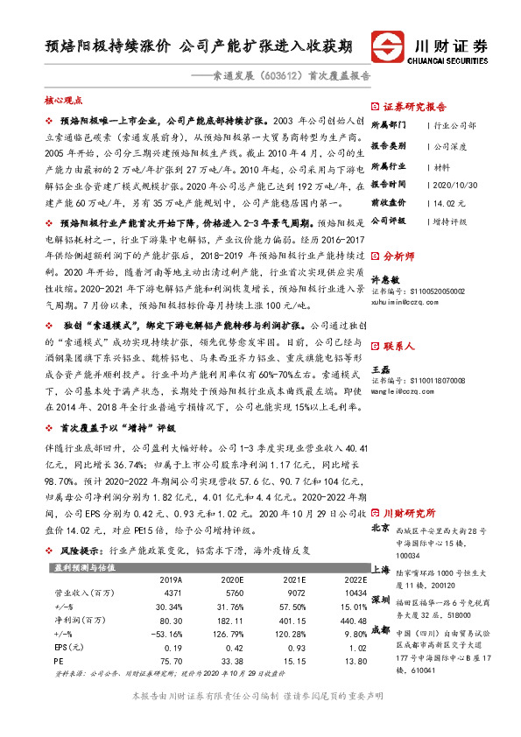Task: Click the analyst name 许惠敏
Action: pyautogui.click(x=386, y=279)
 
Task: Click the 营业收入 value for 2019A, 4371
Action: pyautogui.click(x=171, y=592)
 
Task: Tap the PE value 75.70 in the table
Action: pyautogui.click(x=171, y=663)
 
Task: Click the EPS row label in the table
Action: pyautogui.click(x=67, y=649)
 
